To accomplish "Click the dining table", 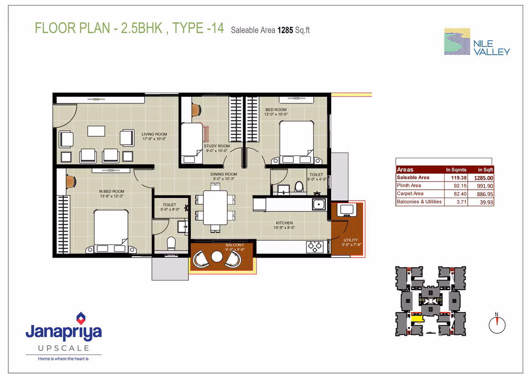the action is click(215, 207).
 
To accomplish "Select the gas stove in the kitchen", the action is click(315, 247).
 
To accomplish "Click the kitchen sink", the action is click(319, 204).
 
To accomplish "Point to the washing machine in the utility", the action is click(347, 209).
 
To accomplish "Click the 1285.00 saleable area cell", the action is click(483, 178).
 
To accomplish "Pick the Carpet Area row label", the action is click(410, 193).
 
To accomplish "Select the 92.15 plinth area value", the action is click(460, 186).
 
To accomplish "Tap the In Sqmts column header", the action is click(456, 170).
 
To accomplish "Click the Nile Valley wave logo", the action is click(457, 42).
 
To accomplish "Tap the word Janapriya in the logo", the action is click(64, 332).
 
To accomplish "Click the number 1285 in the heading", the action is click(285, 31).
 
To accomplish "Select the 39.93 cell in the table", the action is click(486, 202).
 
